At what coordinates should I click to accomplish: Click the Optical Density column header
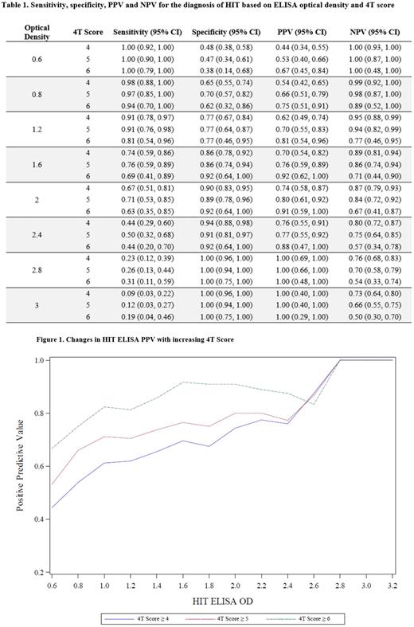pos(38,33)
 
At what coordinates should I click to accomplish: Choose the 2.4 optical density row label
pos(37,225)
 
